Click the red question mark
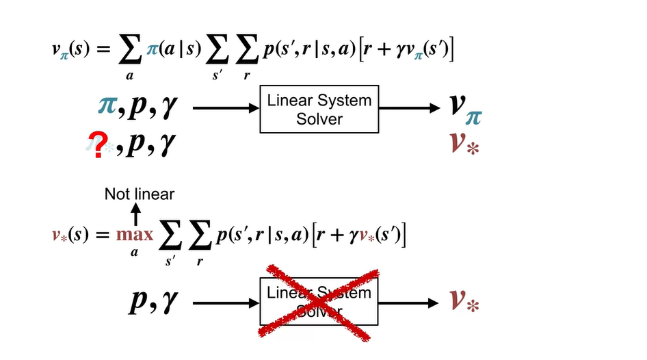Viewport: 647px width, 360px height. coord(101,144)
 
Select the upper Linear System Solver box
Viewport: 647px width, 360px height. coord(319,109)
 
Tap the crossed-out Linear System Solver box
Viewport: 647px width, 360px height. coord(319,302)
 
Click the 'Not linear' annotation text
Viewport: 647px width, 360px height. coord(140,194)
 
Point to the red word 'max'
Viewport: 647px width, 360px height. coord(135,235)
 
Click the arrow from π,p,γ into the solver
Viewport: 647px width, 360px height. coord(225,108)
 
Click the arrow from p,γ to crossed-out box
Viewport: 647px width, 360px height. coord(225,302)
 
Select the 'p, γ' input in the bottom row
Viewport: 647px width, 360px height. coord(154,302)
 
